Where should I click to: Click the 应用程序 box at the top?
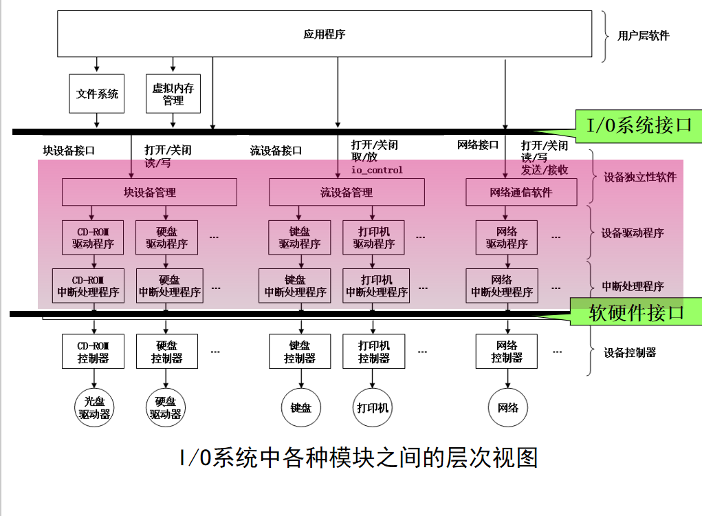(x=324, y=34)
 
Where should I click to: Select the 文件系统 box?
(x=97, y=94)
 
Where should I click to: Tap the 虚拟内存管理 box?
(x=173, y=94)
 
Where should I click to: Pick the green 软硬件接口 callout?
(x=636, y=312)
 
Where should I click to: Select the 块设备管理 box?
(x=149, y=192)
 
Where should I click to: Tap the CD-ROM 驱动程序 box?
(x=93, y=237)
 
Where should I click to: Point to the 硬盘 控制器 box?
(x=167, y=351)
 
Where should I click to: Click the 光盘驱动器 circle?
(x=94, y=407)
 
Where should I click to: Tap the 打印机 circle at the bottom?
(x=373, y=407)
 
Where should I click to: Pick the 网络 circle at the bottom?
(x=507, y=407)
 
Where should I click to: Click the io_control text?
(x=377, y=170)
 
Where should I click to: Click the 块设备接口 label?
(x=69, y=150)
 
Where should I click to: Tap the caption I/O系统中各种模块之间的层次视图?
(x=358, y=457)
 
